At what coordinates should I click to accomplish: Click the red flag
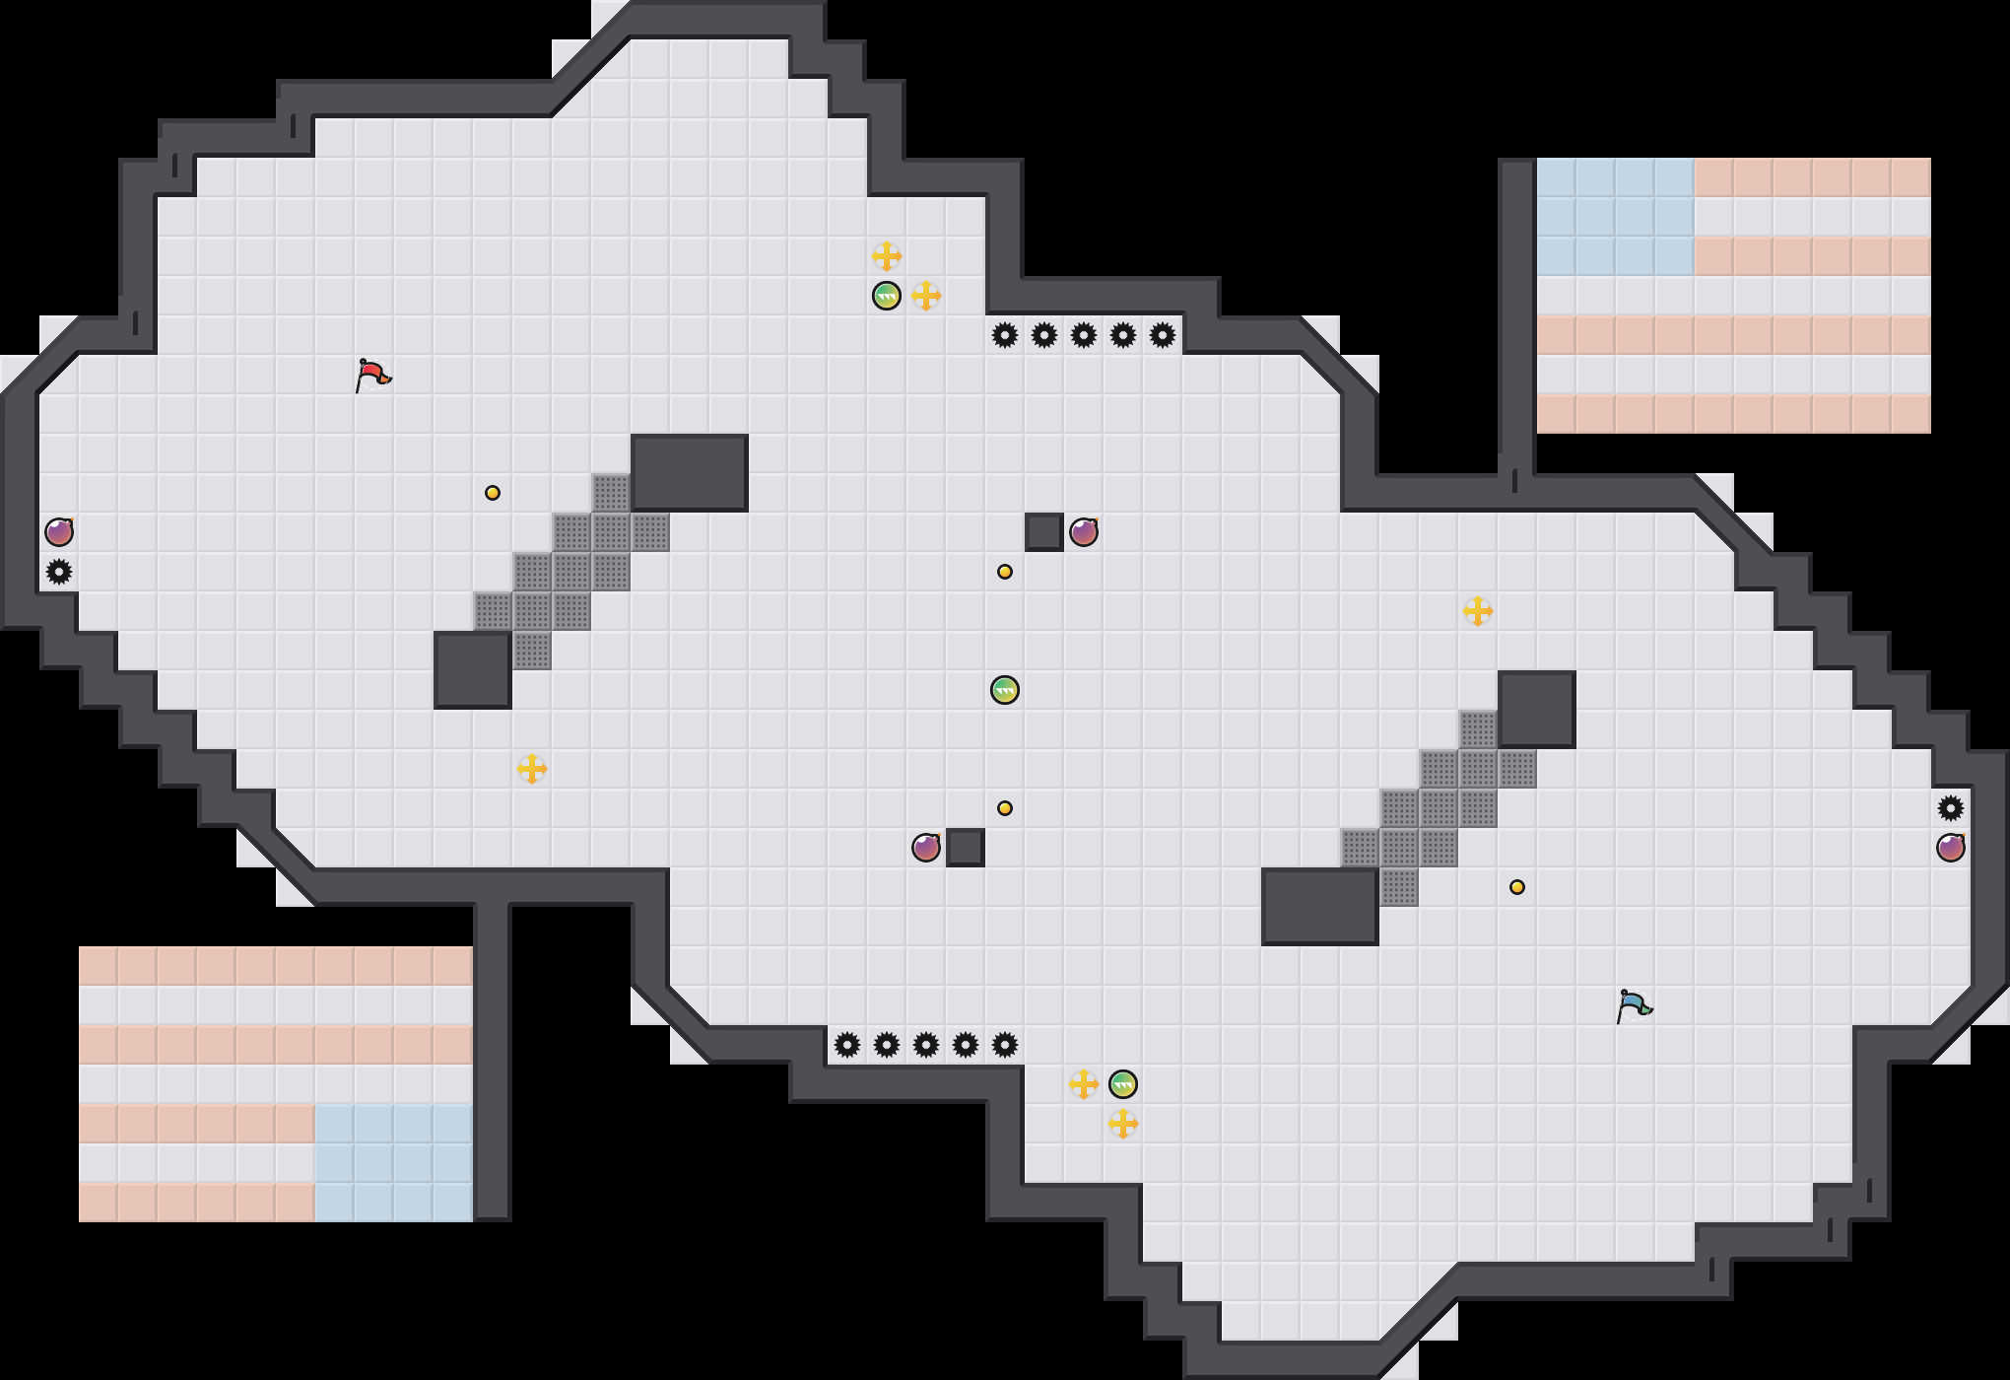tap(372, 375)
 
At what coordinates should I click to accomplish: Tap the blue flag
tap(1634, 1005)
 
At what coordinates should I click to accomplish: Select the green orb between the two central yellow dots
tap(1004, 690)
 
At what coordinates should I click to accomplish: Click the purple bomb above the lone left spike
tap(59, 532)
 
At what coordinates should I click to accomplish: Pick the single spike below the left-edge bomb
tap(59, 572)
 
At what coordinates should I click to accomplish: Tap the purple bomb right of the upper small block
tap(1084, 532)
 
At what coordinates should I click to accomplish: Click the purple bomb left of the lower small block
tap(926, 848)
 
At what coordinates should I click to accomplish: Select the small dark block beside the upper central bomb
tap(1044, 532)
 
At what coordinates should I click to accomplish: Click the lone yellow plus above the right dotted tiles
tap(1478, 611)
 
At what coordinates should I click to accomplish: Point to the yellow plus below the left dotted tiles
tap(532, 769)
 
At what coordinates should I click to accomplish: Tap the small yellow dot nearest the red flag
tap(493, 493)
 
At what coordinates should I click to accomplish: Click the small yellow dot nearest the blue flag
tap(1517, 887)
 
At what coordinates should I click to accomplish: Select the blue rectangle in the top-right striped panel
tap(1616, 217)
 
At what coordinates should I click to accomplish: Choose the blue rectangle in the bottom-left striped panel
tap(394, 1163)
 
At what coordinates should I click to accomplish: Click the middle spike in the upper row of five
tap(1084, 335)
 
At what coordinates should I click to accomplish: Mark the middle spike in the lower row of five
tap(926, 1045)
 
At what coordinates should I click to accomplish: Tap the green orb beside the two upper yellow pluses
tap(887, 296)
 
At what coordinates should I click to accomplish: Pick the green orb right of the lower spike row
tap(1123, 1084)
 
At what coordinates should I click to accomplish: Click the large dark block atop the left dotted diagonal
tap(690, 473)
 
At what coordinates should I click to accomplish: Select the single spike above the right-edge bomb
tap(1951, 808)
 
